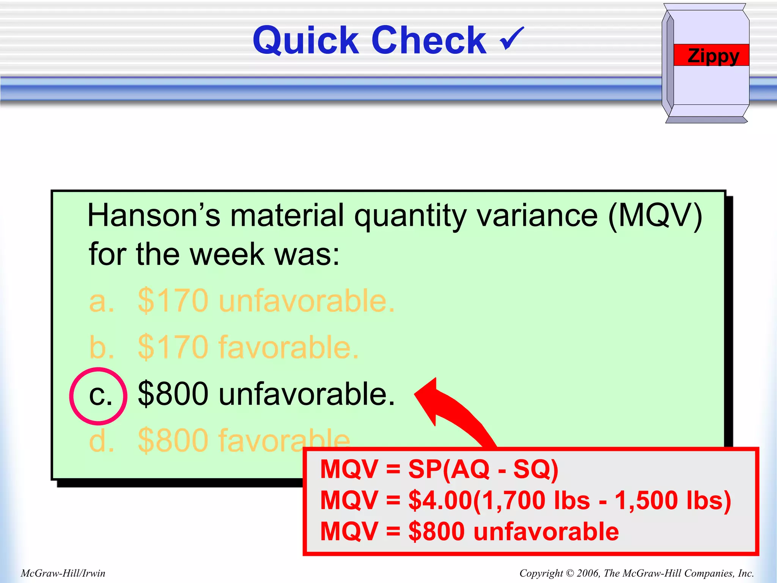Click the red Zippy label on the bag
point(712,55)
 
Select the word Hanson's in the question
point(154,216)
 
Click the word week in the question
point(227,254)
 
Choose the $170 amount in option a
point(173,301)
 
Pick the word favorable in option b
point(288,347)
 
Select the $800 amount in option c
point(173,394)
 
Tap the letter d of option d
point(101,440)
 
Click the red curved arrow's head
point(429,399)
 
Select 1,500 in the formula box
point(647,500)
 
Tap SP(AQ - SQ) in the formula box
point(483,469)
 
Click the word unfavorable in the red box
point(546,531)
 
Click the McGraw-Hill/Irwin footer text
point(63,573)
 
